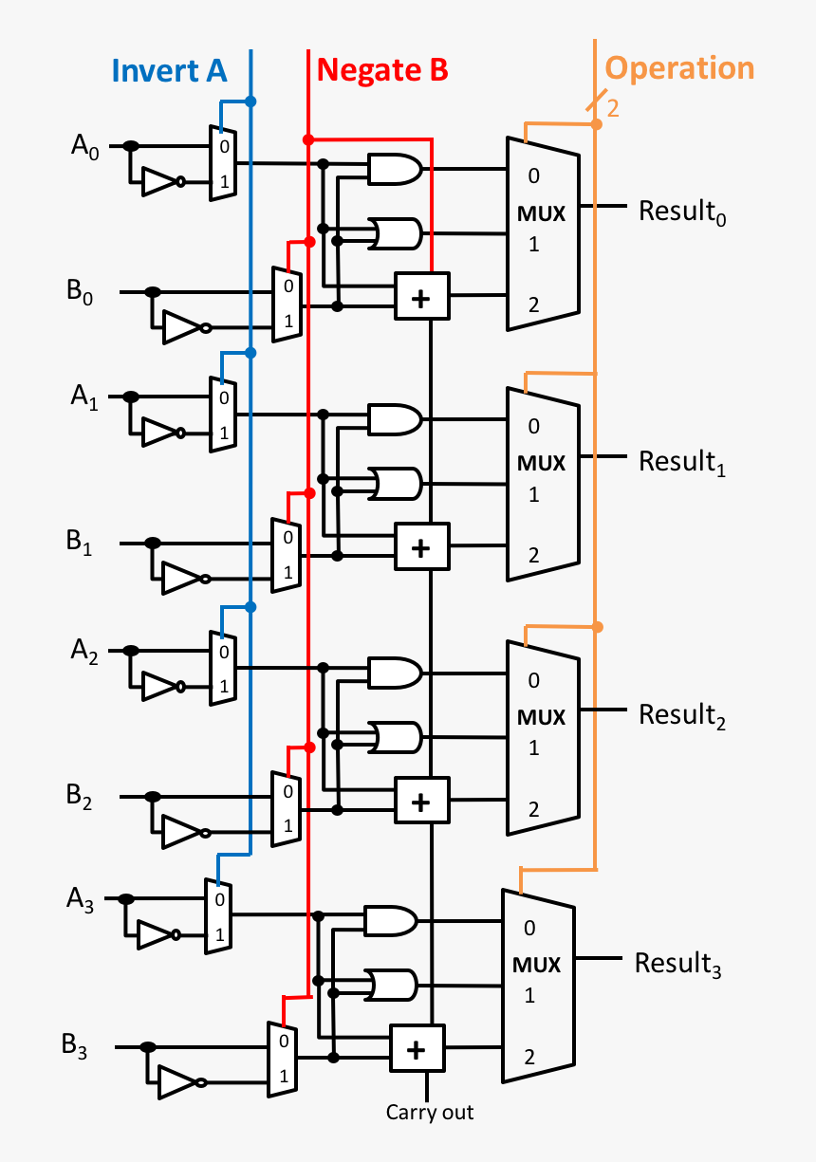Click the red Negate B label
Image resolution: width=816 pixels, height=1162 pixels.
[x=381, y=70]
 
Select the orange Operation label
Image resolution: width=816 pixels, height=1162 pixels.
[x=679, y=68]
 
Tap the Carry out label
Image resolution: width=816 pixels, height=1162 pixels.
[x=429, y=1112]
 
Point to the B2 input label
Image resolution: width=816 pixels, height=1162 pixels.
[x=81, y=795]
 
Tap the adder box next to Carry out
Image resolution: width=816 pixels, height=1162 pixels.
[x=417, y=1048]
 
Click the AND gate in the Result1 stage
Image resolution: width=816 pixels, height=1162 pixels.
[x=395, y=419]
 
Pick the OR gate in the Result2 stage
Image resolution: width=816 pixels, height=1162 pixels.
[x=397, y=736]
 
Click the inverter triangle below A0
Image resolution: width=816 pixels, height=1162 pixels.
[x=158, y=181]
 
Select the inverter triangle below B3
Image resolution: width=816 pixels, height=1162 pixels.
[x=178, y=1081]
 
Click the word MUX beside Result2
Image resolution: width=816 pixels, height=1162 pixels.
[x=540, y=715]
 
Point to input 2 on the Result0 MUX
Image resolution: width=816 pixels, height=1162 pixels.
[x=533, y=304]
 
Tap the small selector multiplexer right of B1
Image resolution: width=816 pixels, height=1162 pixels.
[x=286, y=555]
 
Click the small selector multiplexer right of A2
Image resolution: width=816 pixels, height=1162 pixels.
[x=223, y=669]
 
